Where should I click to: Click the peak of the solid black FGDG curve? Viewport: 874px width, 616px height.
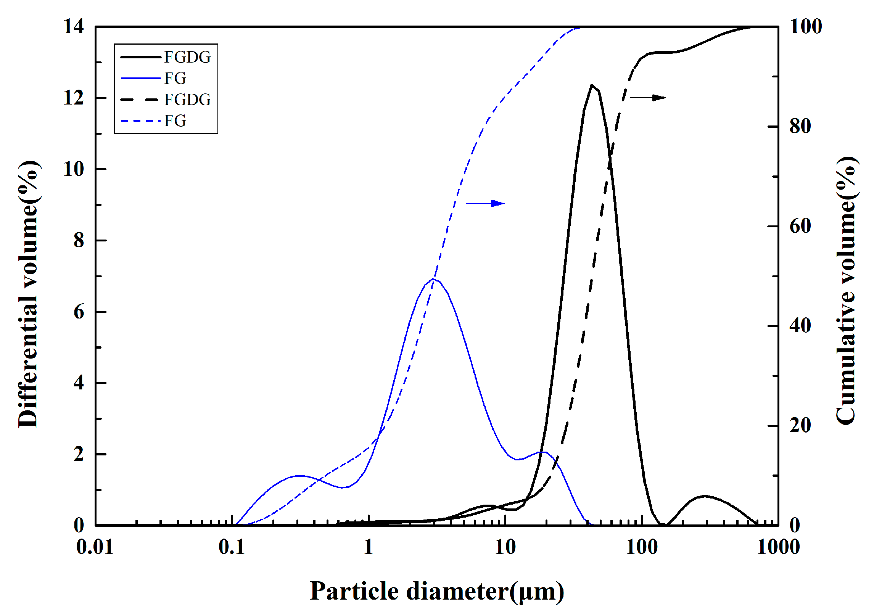591,85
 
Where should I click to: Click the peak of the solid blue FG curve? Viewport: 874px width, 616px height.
433,279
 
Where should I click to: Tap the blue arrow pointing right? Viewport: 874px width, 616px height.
485,203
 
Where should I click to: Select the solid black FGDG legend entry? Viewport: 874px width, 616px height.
166,57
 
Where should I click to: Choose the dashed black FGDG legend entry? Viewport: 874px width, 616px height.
166,100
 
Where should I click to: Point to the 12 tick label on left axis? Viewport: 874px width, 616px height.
73,98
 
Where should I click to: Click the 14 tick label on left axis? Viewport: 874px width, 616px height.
73,27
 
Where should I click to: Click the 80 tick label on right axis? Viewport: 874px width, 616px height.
800,126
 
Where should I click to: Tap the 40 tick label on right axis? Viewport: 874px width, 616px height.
800,326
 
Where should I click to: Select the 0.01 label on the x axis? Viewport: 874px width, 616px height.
95,547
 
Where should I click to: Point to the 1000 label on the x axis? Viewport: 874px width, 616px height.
778,547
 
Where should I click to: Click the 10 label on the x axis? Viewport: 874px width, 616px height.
505,547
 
